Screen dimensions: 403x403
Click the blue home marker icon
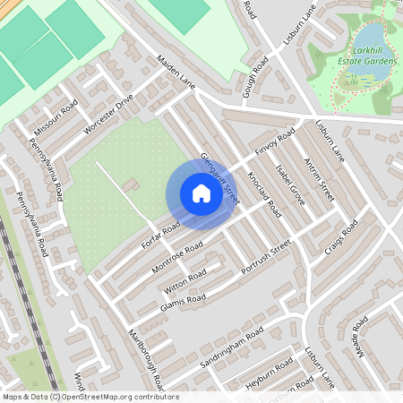201,193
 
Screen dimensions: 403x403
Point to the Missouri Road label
56,115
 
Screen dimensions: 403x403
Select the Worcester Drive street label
107,113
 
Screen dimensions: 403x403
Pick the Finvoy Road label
274,143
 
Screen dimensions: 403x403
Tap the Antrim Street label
318,180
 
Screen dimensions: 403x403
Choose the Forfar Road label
161,233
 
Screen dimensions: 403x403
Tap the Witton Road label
185,280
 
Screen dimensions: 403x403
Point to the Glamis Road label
184,304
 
